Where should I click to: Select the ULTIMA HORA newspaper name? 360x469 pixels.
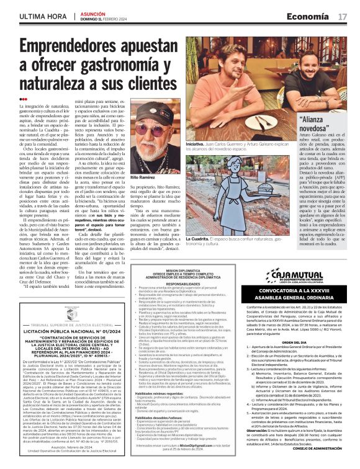(x=42, y=15)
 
